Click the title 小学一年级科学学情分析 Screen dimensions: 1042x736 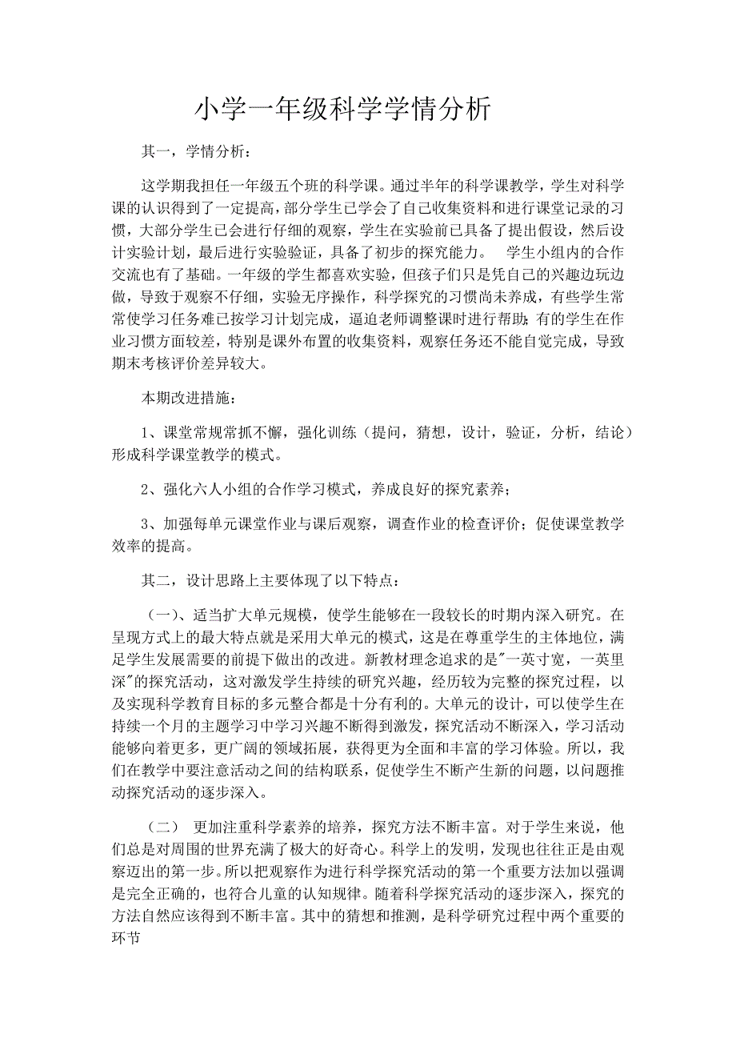tap(343, 110)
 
